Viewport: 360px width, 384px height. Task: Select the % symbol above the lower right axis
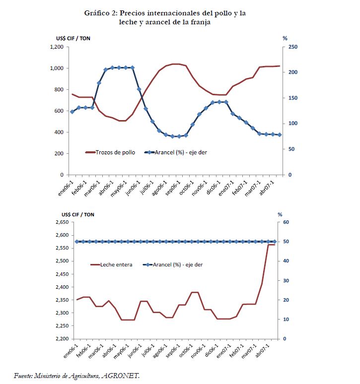(x=280, y=214)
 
